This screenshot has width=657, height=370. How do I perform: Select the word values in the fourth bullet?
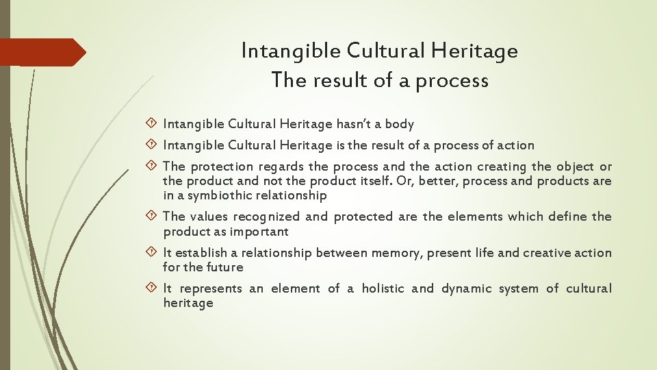click(x=205, y=217)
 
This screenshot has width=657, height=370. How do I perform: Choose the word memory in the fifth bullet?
click(x=396, y=254)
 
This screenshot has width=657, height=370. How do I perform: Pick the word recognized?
click(x=265, y=217)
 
